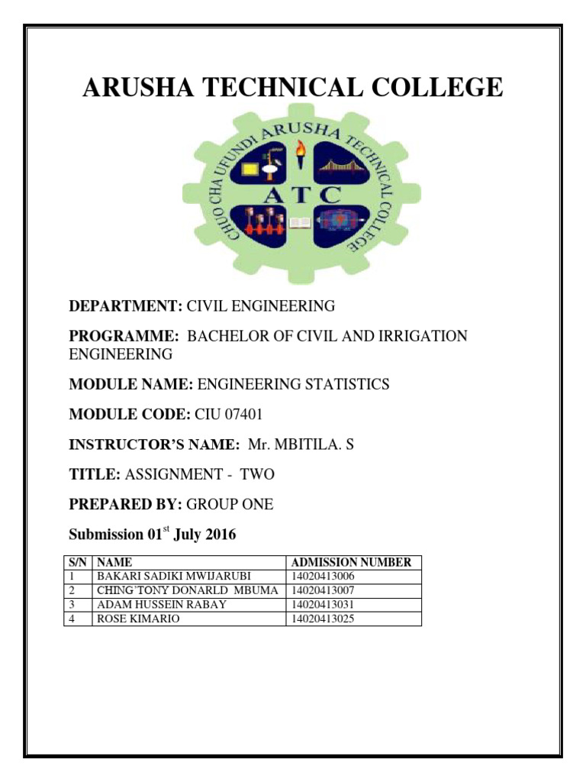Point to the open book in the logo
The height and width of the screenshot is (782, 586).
tap(300, 223)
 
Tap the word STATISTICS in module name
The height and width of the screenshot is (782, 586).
tap(343, 384)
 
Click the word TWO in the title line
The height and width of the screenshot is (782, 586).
tap(257, 474)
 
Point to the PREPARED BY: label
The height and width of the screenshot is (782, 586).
tap(126, 505)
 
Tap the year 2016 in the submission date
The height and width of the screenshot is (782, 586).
tap(218, 535)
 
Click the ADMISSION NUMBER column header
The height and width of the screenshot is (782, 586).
tap(352, 562)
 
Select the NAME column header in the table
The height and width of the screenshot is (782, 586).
tap(114, 562)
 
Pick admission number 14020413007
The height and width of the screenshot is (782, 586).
tap(324, 590)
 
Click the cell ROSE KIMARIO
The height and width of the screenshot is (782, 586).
tap(137, 619)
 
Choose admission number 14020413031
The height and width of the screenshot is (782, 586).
tap(324, 605)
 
